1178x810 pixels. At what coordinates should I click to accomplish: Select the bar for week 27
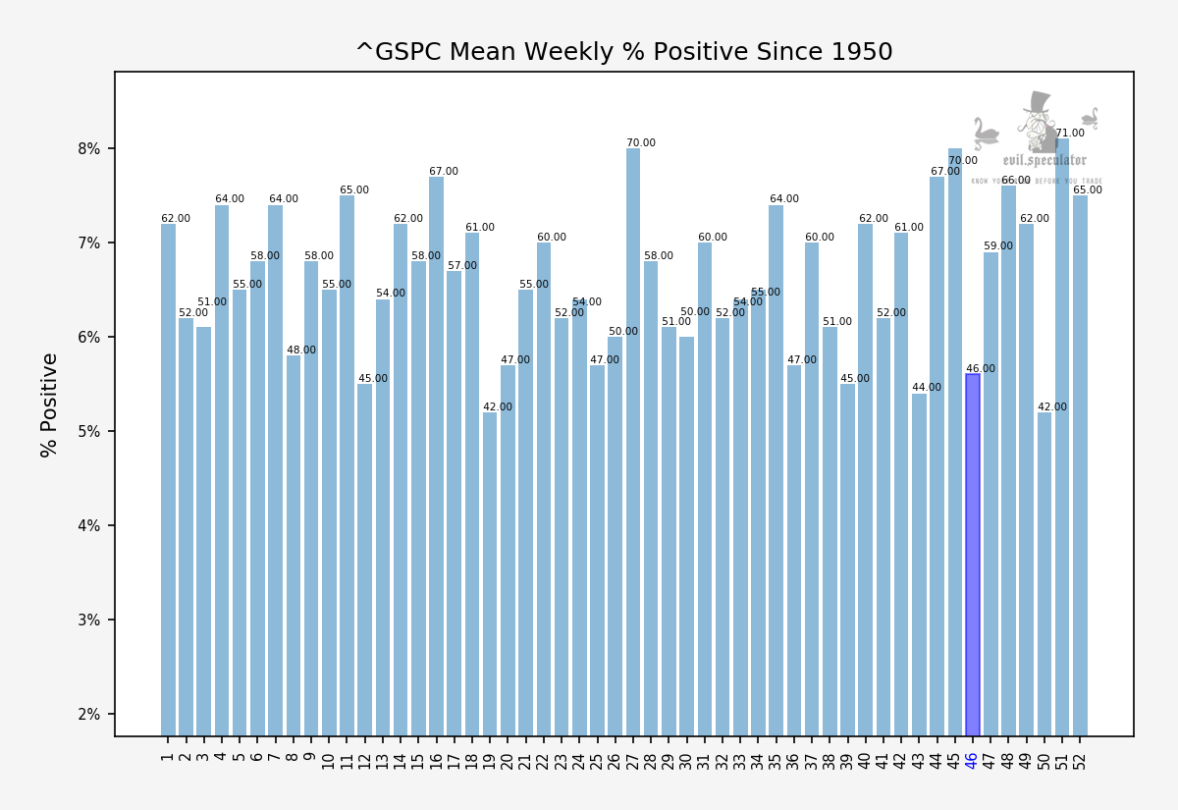[633, 442]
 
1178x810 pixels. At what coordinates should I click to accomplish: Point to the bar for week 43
[919, 564]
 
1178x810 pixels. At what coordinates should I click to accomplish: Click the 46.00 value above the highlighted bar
[981, 369]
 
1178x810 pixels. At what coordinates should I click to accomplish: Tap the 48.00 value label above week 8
[301, 351]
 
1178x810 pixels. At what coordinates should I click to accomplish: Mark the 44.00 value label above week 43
[927, 388]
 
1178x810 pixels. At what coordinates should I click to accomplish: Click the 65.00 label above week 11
[354, 190]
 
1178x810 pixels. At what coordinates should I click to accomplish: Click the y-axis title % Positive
[49, 405]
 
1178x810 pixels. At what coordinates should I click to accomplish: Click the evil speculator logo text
[1044, 160]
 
